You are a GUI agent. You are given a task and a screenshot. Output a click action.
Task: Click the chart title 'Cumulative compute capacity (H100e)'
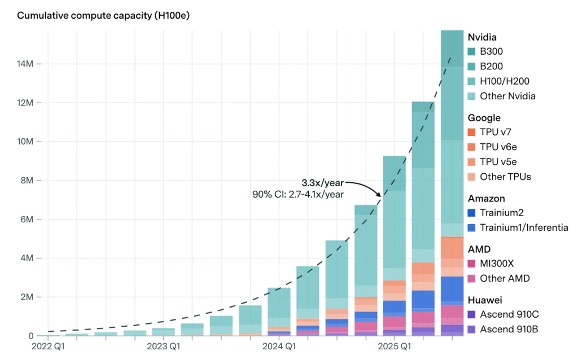pos(103,15)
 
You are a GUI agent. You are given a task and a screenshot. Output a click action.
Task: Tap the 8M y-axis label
pos(27,181)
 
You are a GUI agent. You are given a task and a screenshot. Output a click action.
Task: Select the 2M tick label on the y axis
pos(27,297)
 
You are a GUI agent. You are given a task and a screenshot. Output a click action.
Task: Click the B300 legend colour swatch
pos(471,52)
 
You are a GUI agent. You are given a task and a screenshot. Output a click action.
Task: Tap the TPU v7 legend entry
pos(496,133)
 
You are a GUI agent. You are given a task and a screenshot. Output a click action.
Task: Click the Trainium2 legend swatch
pos(471,213)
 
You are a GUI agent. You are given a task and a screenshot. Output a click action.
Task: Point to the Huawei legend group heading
pos(483,299)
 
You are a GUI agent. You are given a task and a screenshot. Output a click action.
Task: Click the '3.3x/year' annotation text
pos(323,183)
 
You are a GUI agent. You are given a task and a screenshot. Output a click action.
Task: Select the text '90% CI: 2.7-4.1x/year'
pos(297,195)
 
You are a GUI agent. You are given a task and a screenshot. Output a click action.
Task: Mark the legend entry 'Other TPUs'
pos(505,177)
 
